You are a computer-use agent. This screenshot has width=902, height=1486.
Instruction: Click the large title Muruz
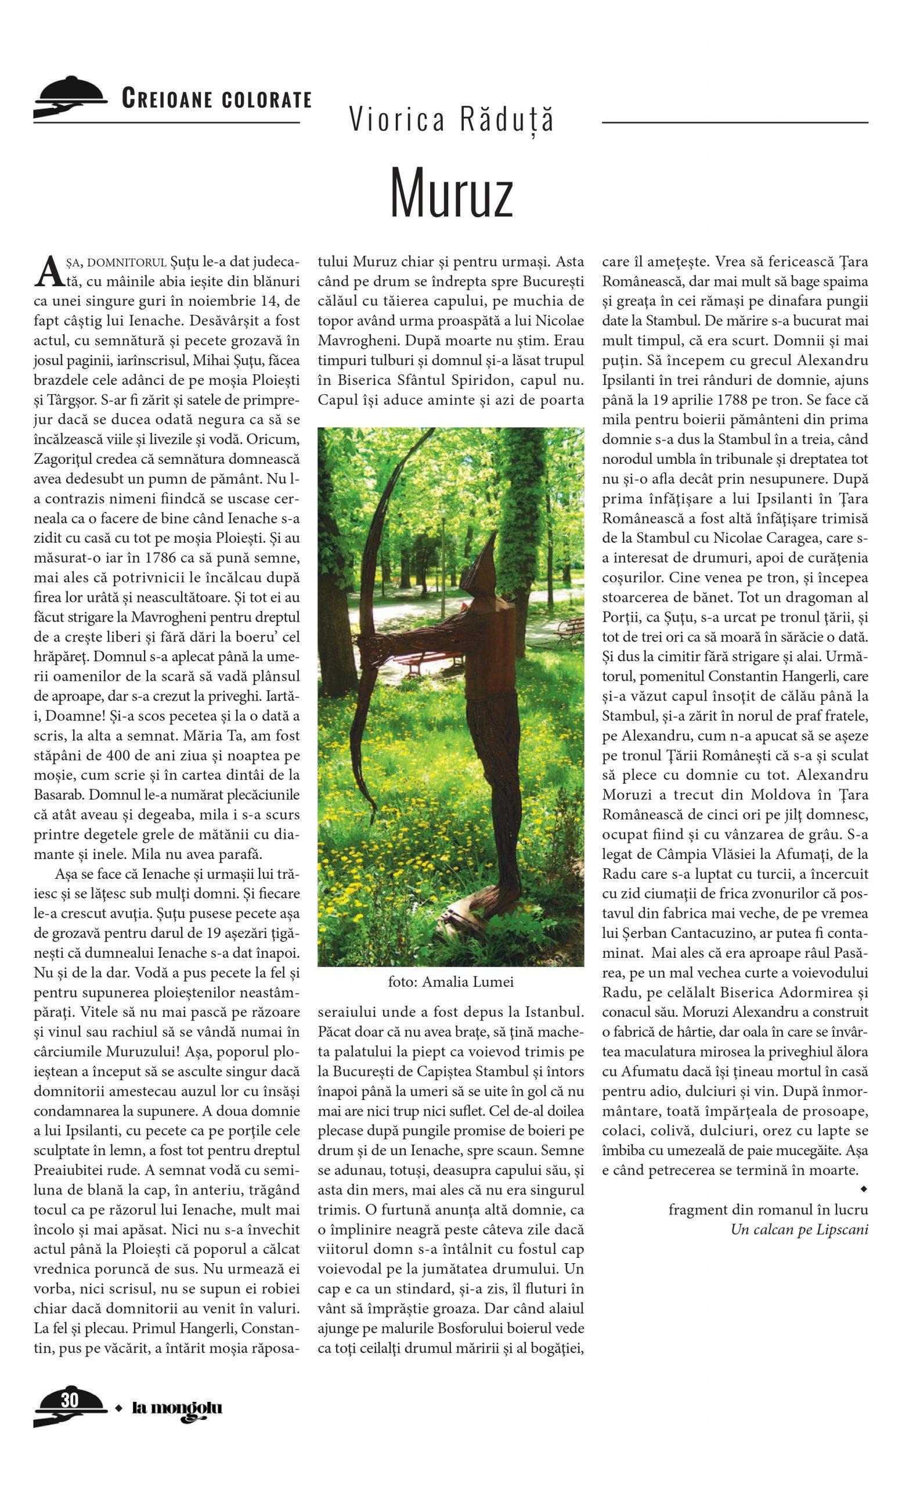click(451, 192)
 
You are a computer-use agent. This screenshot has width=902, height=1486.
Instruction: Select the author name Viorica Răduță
click(451, 119)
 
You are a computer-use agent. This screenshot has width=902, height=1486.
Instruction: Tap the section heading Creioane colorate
click(217, 98)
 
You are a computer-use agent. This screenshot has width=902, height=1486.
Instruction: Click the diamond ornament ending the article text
click(864, 1189)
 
